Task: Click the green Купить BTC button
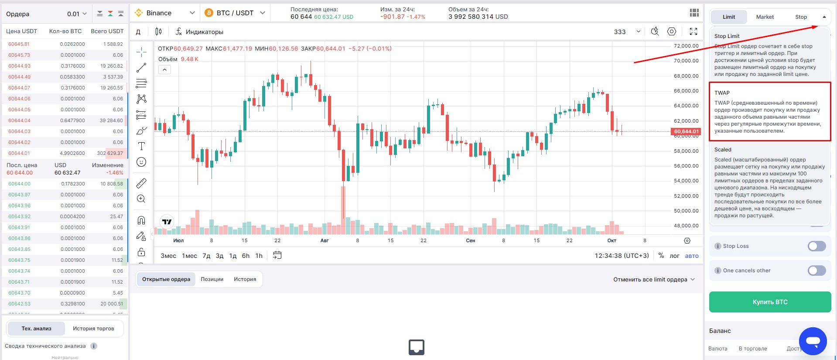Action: point(770,302)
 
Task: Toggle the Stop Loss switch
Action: point(817,246)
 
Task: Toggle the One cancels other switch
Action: point(817,271)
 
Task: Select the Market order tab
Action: point(765,17)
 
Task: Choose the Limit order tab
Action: point(729,17)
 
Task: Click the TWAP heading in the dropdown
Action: point(722,93)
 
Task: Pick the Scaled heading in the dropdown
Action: point(723,150)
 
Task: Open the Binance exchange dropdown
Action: point(165,13)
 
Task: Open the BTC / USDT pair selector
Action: point(235,13)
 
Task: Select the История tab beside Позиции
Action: point(245,279)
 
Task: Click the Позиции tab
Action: point(212,279)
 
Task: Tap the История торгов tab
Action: point(93,329)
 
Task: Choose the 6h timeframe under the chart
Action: point(246,256)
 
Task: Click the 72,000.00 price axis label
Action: point(686,46)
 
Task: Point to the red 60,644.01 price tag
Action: point(686,131)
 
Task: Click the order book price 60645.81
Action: point(19,44)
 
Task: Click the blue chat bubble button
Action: point(813,341)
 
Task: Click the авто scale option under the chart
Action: point(692,256)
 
